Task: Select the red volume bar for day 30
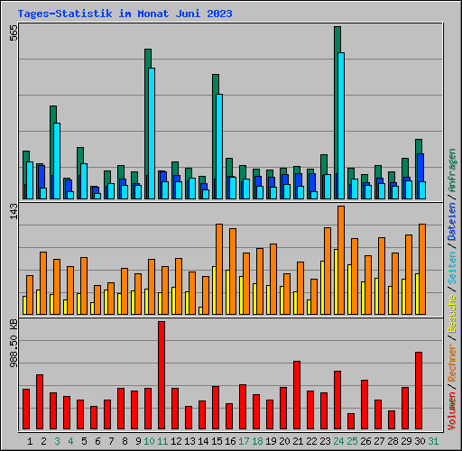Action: [x=419, y=391]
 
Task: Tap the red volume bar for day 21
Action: [x=297, y=395]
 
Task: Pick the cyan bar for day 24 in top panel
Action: [x=340, y=125]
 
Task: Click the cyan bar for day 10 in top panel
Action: [x=151, y=133]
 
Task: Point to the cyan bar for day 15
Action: [x=219, y=146]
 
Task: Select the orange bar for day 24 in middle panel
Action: [x=341, y=260]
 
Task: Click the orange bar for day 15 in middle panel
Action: [x=219, y=269]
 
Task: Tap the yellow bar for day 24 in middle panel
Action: [x=336, y=281]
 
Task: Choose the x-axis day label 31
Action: [x=434, y=441]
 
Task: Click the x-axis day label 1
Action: [x=30, y=441]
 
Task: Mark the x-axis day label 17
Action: [x=244, y=441]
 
